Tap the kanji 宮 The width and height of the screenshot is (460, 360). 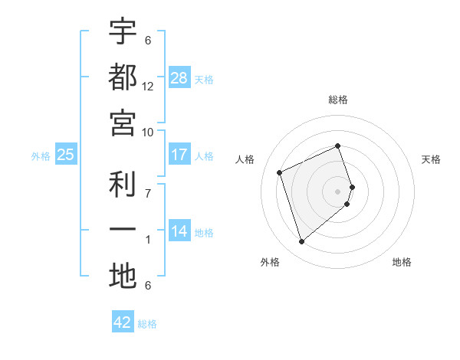click(123, 123)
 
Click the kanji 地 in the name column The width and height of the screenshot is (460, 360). click(123, 277)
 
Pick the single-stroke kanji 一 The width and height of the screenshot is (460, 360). click(123, 231)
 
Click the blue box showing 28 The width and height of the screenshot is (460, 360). click(179, 78)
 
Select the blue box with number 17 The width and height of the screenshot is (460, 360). click(179, 155)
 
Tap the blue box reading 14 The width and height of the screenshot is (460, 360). click(179, 231)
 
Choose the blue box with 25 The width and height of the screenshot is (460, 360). click(66, 155)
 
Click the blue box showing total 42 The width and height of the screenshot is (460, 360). click(123, 322)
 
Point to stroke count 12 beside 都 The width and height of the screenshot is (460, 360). click(148, 87)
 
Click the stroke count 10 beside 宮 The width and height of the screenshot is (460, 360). click(148, 133)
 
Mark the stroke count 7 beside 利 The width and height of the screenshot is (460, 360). click(148, 193)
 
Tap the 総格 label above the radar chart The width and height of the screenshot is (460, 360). click(338, 100)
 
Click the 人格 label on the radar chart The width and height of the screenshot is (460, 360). click(245, 159)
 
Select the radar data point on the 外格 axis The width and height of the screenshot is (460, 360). click(301, 242)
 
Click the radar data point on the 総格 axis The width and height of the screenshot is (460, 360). click(338, 146)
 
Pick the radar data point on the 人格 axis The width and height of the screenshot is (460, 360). click(280, 172)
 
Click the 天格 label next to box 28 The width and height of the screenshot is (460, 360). click(204, 79)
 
